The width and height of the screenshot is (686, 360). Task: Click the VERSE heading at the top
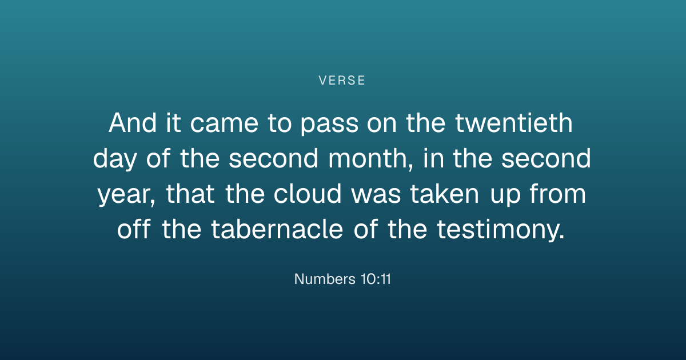(x=342, y=81)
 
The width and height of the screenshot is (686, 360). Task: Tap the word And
(x=133, y=123)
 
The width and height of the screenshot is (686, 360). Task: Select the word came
(x=224, y=125)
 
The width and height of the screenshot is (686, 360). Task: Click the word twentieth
(x=513, y=123)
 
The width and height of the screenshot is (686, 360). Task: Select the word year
(x=123, y=195)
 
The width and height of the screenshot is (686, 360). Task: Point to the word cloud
(x=307, y=194)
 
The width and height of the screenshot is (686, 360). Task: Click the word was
(x=376, y=195)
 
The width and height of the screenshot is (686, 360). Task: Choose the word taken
(x=444, y=194)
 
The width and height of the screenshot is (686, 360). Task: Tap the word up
(x=505, y=198)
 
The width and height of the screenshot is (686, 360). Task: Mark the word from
(x=558, y=194)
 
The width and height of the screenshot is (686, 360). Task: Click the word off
(x=134, y=229)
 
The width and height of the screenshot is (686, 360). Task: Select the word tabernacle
(x=277, y=229)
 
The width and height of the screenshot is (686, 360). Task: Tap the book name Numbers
(x=325, y=279)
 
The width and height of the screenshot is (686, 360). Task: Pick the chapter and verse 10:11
(x=376, y=279)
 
